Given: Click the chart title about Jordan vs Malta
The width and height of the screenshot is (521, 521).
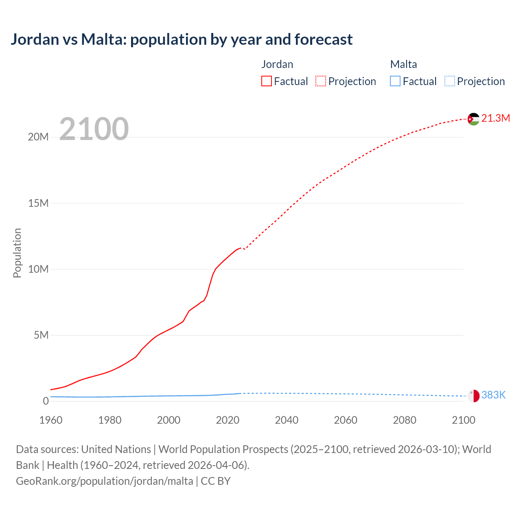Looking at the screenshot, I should point(182,39).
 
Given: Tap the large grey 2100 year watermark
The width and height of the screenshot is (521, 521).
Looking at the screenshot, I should point(94,129).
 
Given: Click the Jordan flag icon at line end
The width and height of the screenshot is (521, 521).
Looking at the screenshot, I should point(473,119).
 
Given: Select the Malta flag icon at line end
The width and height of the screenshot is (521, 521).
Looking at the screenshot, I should point(473,396).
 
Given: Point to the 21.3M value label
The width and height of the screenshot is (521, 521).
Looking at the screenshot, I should point(495,118).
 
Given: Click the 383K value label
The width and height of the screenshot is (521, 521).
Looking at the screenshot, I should point(493,395).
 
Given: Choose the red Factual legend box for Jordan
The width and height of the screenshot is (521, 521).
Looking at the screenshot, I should point(267,81).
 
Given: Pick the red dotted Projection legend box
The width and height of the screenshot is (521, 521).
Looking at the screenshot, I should point(321,81).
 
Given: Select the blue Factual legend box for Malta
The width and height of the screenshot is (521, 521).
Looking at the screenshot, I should point(395,81).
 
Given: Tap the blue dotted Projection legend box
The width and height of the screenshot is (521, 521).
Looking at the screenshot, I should point(450,81).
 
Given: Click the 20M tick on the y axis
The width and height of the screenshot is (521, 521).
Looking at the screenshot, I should point(38,137).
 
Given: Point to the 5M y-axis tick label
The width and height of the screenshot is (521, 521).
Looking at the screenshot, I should point(41,335).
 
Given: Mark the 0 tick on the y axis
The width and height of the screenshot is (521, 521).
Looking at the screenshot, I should point(46,401).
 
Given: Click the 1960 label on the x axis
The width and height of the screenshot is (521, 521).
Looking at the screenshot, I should point(51,420).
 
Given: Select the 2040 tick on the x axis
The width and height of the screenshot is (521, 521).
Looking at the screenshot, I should point(287,420).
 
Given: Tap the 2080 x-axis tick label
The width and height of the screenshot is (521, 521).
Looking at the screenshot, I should point(405,420).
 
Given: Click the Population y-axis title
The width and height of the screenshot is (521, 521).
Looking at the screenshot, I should point(17,253).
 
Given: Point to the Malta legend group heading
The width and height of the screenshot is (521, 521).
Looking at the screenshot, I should point(403,64).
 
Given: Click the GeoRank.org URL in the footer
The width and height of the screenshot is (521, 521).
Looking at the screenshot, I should point(105,481).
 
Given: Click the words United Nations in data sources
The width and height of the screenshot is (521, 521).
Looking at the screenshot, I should point(116,449).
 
